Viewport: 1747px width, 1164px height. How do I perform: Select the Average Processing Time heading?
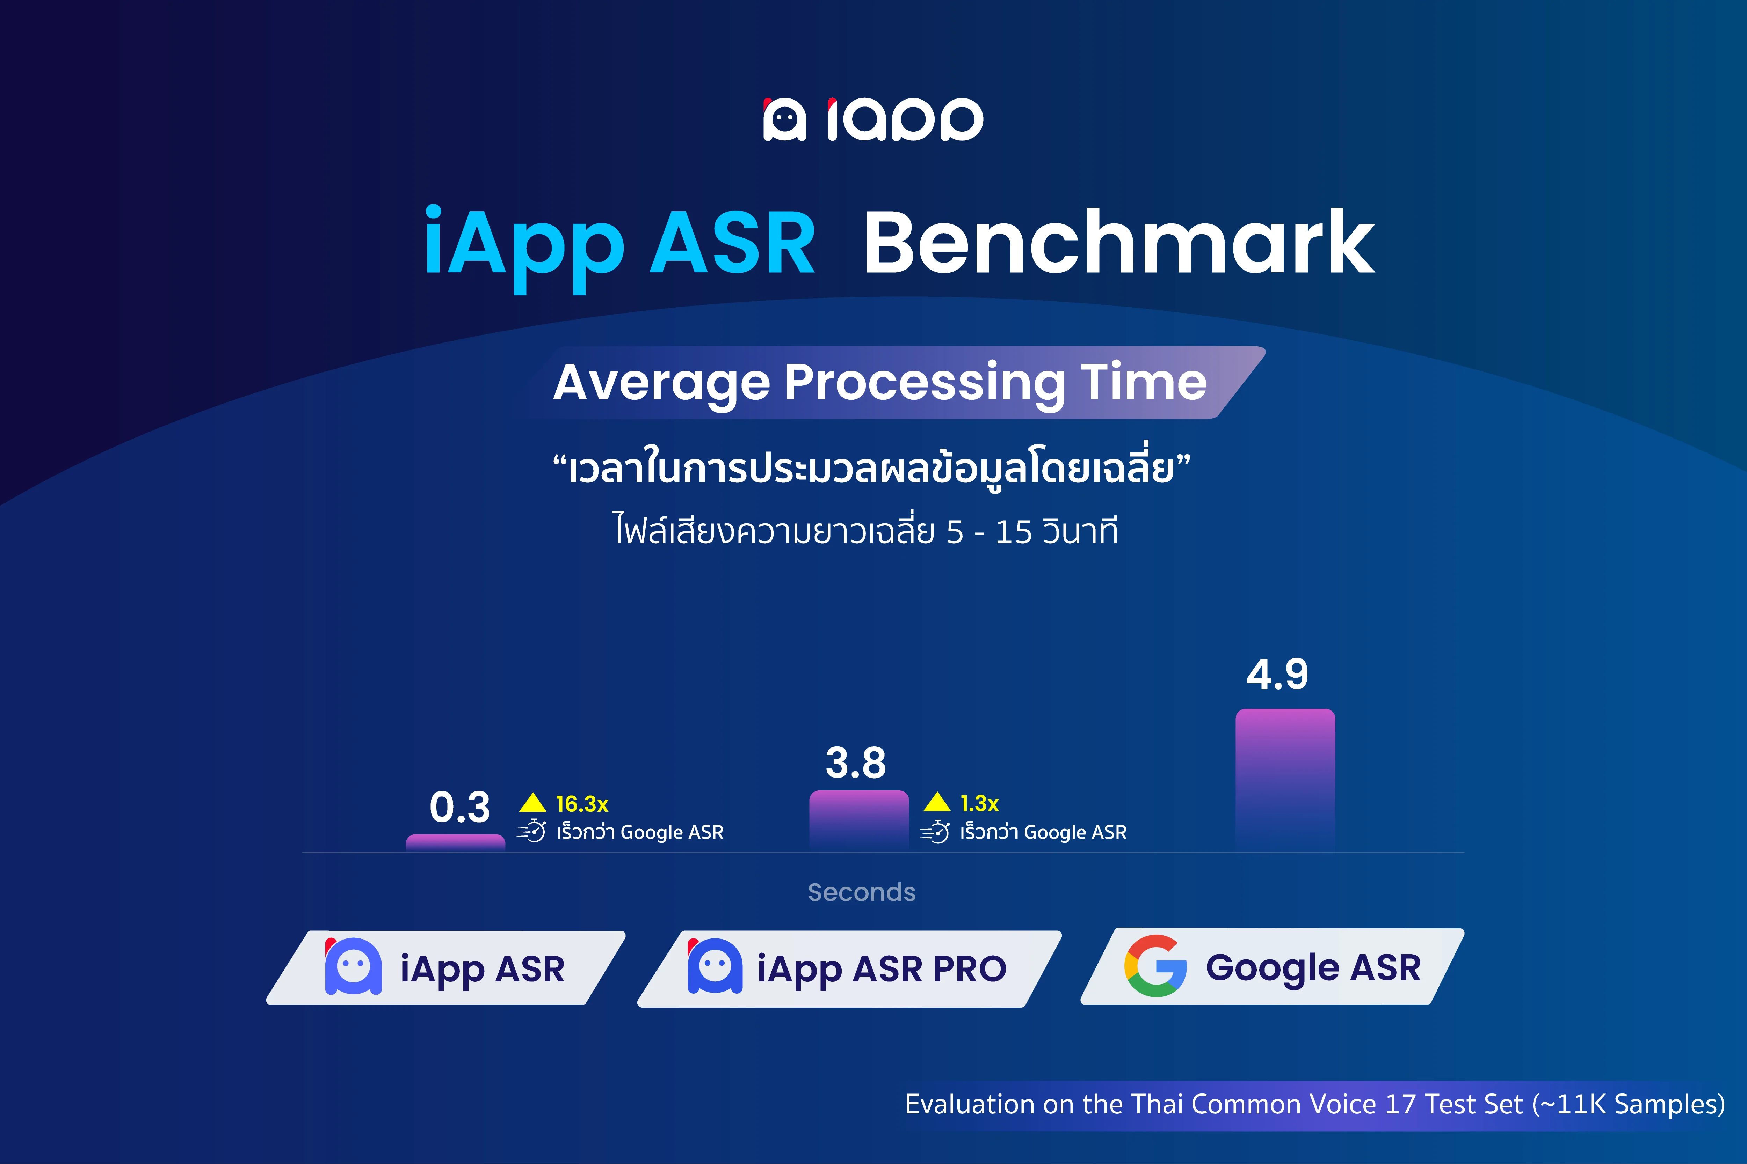click(880, 383)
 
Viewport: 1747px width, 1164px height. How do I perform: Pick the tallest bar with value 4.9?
click(1285, 780)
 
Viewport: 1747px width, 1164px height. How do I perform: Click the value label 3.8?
click(856, 763)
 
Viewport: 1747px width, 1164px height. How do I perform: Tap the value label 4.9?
click(1277, 675)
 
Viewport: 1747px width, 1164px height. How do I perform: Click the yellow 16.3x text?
click(582, 804)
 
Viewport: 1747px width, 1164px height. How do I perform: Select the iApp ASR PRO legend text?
click(882, 969)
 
